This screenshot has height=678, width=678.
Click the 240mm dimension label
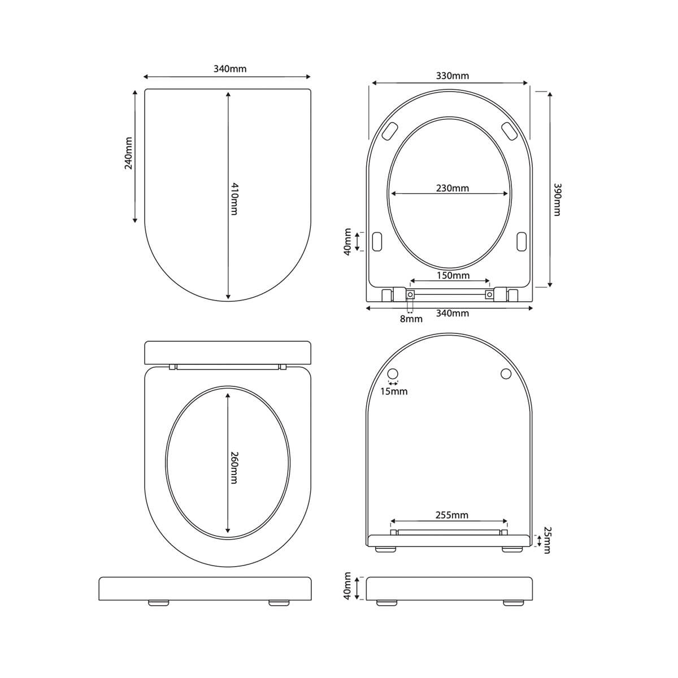pos(128,153)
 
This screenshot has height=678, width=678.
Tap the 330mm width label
pos(452,76)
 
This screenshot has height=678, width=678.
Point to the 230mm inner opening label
pos(452,188)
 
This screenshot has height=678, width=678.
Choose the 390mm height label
pos(557,199)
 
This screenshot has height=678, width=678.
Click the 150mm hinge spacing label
pos(453,276)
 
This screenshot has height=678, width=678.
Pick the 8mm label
pos(411,319)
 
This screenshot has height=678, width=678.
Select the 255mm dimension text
pos(451,515)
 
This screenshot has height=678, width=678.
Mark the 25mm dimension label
pos(547,540)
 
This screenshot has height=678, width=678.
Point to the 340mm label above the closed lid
pos(229,69)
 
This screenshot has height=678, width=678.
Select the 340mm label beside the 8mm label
pos(452,313)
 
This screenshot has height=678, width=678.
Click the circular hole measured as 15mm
pos(394,373)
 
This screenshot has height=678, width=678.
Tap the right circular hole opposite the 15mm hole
pos(506,373)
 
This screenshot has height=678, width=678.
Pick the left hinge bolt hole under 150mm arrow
pos(410,294)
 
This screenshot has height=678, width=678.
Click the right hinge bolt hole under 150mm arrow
pos(489,294)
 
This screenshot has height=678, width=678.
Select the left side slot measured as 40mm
pos(377,241)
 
